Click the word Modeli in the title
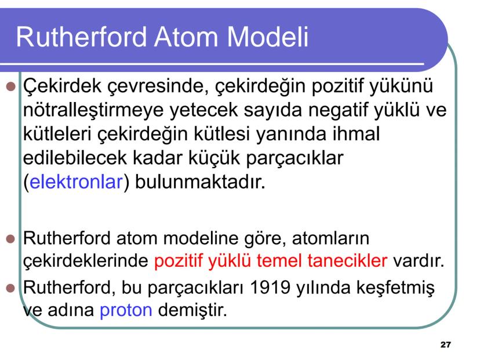point(267,37)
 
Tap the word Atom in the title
point(187,37)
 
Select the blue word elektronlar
point(76,181)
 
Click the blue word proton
point(126,310)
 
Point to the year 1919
point(270,288)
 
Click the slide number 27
point(445,345)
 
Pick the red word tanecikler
point(347,260)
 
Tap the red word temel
point(279,260)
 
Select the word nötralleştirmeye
point(93,111)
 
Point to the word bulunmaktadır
point(200,181)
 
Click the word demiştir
point(192,310)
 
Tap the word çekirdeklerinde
point(86,261)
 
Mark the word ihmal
point(356,133)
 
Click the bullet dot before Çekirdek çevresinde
point(10,86)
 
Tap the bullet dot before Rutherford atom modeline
point(10,238)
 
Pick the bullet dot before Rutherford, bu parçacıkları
point(10,288)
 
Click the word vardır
point(419,260)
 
